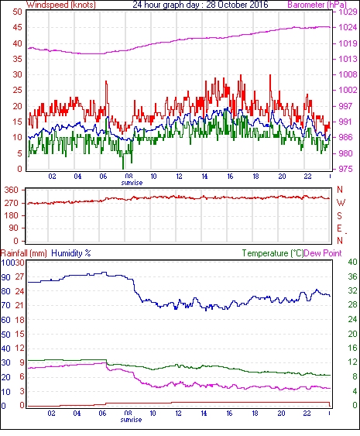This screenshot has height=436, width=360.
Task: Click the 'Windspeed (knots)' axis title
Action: (61, 5)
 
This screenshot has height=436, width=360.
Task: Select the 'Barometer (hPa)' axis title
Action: (317, 5)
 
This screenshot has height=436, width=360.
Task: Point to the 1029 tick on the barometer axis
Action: (348, 12)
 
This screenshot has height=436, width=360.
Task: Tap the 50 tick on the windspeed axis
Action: (17, 12)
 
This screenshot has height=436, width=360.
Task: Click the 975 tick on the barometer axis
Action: (345, 169)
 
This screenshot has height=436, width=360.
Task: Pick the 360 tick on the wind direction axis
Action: (11, 191)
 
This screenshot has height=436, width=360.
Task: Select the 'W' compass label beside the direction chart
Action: (341, 203)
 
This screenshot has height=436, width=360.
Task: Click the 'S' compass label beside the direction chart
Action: (339, 215)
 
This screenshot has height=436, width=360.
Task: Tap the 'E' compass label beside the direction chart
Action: (339, 228)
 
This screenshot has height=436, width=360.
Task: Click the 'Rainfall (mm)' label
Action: (24, 253)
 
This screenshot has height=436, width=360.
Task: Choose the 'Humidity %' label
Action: (71, 253)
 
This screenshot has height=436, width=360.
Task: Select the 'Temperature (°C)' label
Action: (273, 253)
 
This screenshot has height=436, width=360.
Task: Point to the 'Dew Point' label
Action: (323, 253)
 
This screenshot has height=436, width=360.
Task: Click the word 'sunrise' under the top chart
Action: (132, 183)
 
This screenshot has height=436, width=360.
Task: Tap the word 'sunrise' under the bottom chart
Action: (131, 420)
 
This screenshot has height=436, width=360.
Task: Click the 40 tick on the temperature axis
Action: (352, 262)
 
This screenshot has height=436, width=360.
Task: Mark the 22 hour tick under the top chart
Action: (307, 177)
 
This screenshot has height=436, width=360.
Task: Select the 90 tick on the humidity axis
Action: (5, 277)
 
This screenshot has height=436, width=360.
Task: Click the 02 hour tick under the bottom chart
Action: (51, 414)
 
